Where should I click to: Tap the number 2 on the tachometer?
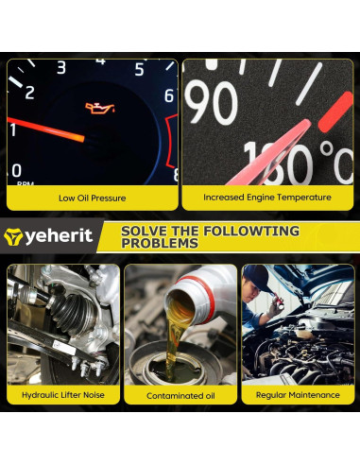[x=28, y=92]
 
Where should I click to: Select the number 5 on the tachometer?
[x=139, y=69]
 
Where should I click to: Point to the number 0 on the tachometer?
[x=16, y=171]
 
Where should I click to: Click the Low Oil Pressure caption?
[x=92, y=198]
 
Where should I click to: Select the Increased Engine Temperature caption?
[x=267, y=198]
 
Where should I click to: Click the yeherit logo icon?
[x=14, y=235]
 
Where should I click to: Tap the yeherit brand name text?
[x=60, y=235]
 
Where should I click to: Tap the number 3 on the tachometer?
[x=61, y=67]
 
